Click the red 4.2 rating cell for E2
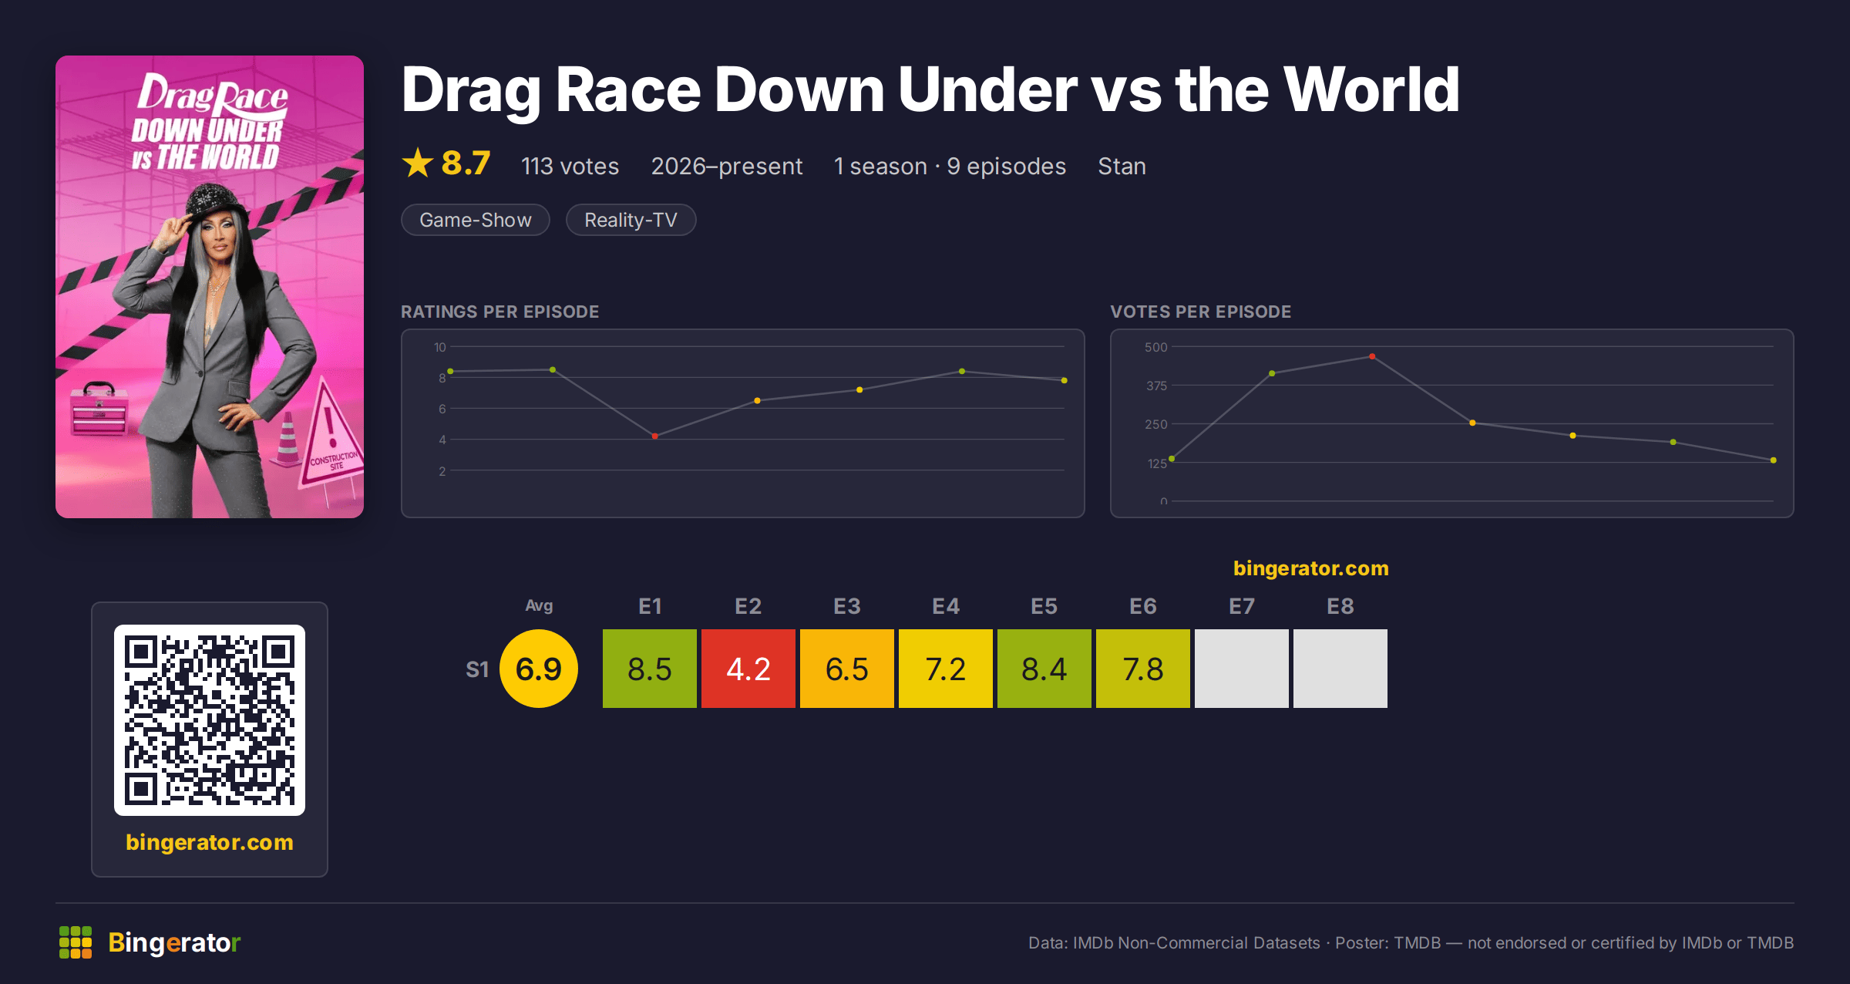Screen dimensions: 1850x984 [748, 668]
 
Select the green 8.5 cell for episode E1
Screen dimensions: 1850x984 [649, 668]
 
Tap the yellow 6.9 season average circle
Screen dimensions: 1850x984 [539, 668]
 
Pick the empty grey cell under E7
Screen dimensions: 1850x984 [1241, 668]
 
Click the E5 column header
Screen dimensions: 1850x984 [1044, 606]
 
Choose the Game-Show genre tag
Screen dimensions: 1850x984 [476, 220]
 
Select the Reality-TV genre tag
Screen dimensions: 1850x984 [631, 220]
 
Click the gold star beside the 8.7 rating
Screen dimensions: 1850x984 [418, 163]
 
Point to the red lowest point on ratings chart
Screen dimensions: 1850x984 [654, 436]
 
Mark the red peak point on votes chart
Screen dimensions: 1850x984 [1372, 356]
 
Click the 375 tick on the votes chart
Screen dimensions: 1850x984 [1156, 386]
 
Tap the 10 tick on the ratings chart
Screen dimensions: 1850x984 [439, 347]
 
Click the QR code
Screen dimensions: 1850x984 [210, 720]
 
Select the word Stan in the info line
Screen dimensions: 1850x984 [1122, 166]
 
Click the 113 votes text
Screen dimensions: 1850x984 [570, 166]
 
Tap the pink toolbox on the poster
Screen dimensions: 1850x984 [99, 409]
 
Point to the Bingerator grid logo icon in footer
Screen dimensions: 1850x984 [76, 942]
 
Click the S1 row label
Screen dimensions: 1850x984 [477, 669]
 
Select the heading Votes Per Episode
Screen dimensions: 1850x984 [1200, 312]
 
